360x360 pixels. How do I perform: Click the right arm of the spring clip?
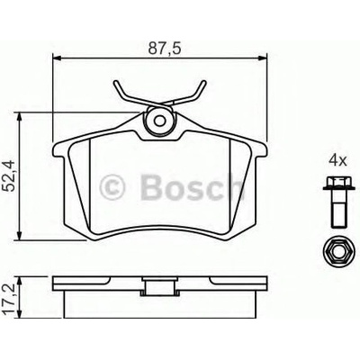pyautogui.click(x=196, y=90)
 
